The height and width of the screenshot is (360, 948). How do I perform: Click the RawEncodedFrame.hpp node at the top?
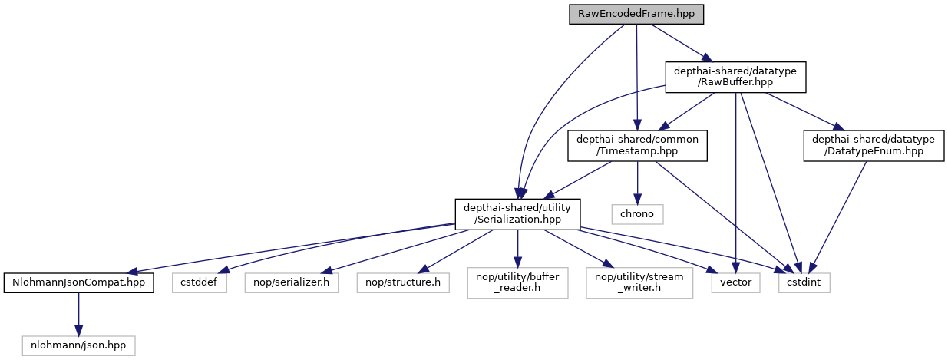pyautogui.click(x=636, y=14)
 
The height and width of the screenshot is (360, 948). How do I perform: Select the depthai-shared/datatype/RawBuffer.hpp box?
pyautogui.click(x=735, y=78)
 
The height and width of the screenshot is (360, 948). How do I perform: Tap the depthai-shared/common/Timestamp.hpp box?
pyautogui.click(x=637, y=145)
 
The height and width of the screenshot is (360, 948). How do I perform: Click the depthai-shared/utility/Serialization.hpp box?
pyautogui.click(x=518, y=213)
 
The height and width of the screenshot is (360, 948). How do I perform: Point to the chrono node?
pyautogui.click(x=637, y=213)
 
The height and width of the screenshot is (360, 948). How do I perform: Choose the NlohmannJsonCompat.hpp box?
pyautogui.click(x=78, y=282)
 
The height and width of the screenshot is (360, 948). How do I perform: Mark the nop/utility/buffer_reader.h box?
pyautogui.click(x=518, y=282)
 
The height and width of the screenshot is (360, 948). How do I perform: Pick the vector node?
pyautogui.click(x=735, y=282)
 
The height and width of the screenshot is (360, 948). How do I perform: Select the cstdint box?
pyautogui.click(x=804, y=282)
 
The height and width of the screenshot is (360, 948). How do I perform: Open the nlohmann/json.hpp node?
pyautogui.click(x=78, y=345)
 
